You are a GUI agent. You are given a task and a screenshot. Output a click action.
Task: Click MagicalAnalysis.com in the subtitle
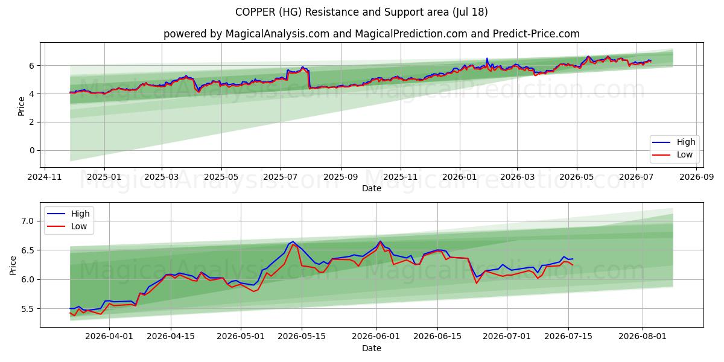point(278,34)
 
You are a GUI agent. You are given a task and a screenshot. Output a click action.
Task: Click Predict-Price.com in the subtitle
point(536,34)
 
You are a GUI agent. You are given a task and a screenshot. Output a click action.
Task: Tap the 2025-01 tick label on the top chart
point(104,177)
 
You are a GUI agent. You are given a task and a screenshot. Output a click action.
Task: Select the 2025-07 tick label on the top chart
point(280,177)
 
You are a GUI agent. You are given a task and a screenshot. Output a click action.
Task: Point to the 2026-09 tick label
point(696,177)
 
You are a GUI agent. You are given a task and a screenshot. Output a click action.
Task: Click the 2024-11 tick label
point(44,177)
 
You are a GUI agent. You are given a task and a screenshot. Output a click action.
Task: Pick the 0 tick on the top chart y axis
point(32,150)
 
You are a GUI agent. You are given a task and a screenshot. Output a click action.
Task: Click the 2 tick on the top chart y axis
point(32,122)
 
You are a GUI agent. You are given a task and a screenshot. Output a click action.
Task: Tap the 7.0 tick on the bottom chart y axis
point(28,221)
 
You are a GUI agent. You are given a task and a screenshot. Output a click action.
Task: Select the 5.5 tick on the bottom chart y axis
point(28,309)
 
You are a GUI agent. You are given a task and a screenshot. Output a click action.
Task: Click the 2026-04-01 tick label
point(109,337)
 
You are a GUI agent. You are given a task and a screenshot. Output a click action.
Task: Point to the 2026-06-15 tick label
point(437,337)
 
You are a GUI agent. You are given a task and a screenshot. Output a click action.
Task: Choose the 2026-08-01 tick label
point(642,337)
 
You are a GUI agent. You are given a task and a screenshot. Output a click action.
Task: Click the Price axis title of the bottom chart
point(13,265)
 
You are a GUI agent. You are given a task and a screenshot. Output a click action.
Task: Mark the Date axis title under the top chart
point(372,188)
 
